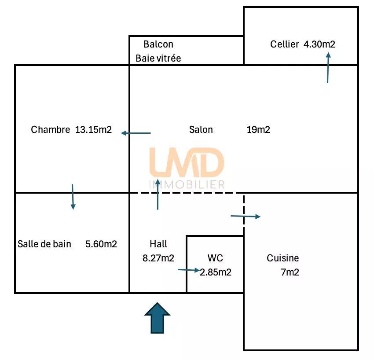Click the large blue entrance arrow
(x=157, y=319)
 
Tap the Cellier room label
(x=284, y=44)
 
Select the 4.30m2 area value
(x=319, y=44)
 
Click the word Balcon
(x=158, y=44)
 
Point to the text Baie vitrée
(x=158, y=58)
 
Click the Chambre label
(x=50, y=129)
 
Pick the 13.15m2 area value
(x=93, y=129)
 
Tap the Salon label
(x=201, y=129)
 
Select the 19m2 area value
(x=258, y=129)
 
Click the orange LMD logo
(x=187, y=162)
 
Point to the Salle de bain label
(x=45, y=244)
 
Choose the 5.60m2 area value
(x=101, y=244)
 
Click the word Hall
(x=158, y=244)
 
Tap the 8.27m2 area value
(x=158, y=258)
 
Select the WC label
(x=215, y=258)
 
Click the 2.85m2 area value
(x=216, y=272)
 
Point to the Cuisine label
(x=282, y=258)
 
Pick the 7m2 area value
(x=290, y=272)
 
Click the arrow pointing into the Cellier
(x=328, y=68)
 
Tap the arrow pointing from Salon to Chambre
(x=136, y=133)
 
